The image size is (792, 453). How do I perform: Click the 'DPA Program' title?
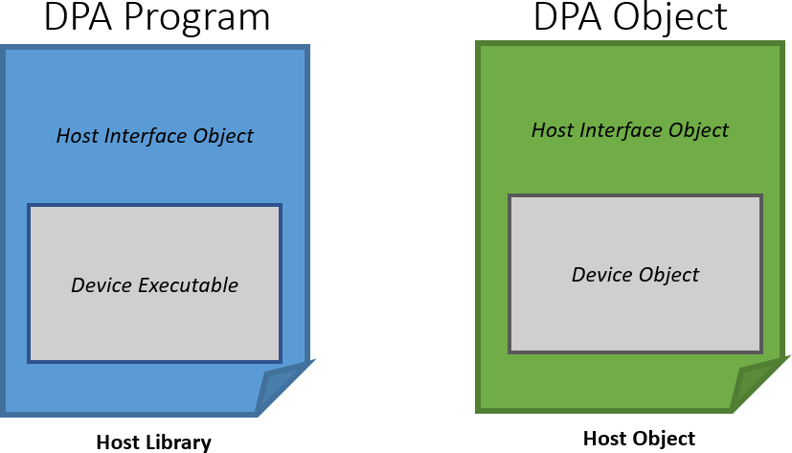pos(156,18)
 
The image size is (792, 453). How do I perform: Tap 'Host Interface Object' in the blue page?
pos(154,136)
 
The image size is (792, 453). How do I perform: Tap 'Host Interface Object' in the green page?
pos(630,129)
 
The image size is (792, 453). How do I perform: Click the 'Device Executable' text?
pos(154,284)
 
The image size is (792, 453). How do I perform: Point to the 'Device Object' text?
pos(635,275)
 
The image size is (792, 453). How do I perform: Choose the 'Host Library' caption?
pos(153,442)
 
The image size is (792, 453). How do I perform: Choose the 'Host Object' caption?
pos(639,439)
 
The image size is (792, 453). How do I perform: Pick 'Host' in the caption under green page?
pos(605,439)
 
